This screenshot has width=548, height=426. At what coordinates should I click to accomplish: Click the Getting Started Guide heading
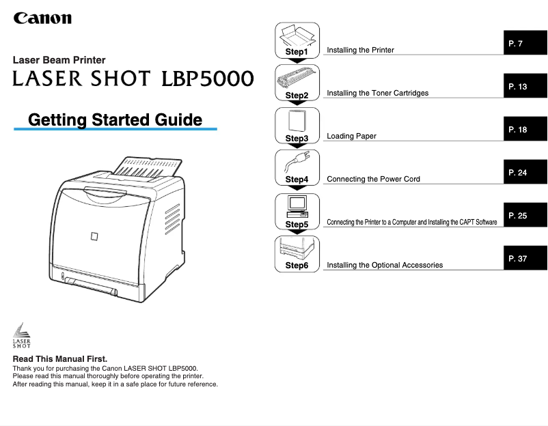click(115, 120)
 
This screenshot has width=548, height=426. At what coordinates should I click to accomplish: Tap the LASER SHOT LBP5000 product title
click(133, 79)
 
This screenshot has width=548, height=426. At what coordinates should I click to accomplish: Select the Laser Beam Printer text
click(59, 60)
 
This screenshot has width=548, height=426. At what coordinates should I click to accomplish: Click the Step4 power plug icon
click(297, 164)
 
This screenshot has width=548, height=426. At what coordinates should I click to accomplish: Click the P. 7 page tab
click(525, 44)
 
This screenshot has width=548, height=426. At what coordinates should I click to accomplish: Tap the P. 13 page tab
click(525, 87)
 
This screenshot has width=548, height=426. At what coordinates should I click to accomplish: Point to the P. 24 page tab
click(525, 173)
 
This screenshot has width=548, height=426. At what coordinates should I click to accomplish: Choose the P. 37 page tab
click(525, 259)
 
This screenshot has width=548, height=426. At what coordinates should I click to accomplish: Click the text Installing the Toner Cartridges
click(378, 93)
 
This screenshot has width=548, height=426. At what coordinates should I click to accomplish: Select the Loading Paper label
click(351, 136)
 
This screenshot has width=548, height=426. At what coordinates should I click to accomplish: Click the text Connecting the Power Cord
click(373, 179)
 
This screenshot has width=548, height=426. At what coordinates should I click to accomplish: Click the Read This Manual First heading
click(60, 358)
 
